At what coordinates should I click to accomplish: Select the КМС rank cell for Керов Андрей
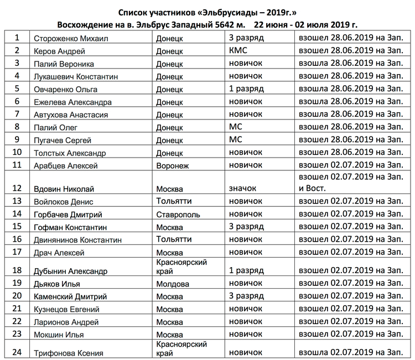pos(238,51)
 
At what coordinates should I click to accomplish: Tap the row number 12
pos(18,189)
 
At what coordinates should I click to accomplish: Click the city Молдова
pos(173,284)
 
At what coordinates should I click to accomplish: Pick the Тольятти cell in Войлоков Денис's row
pos(174,201)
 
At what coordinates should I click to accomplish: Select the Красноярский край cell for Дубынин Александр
pos(182,265)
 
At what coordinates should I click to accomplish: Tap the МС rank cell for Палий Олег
pos(236,126)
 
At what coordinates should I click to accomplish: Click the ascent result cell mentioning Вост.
pos(350,183)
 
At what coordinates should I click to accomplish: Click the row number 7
pos(18,114)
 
